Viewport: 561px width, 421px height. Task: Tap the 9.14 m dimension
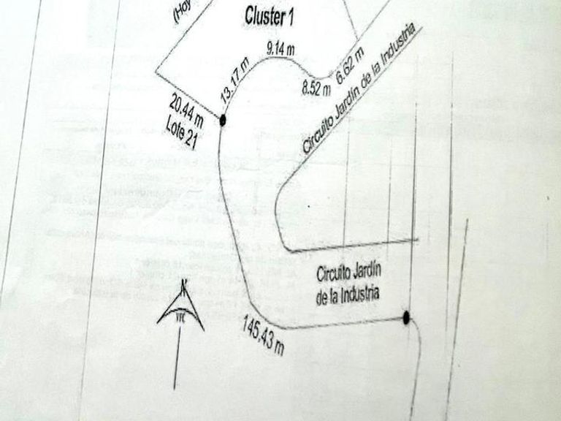(281, 49)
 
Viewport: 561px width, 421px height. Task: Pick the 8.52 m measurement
(316, 90)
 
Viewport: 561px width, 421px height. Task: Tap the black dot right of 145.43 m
(407, 317)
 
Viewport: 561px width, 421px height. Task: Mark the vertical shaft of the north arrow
(177, 358)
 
